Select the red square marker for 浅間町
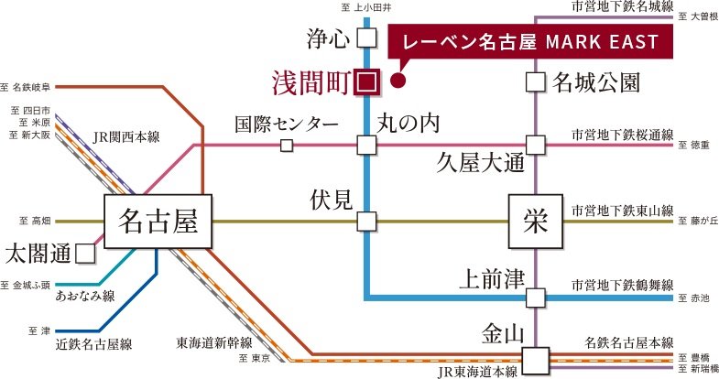(x=366, y=81)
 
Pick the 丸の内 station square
(x=366, y=145)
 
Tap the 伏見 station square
(x=366, y=221)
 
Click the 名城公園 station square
(x=536, y=81)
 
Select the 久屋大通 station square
(x=536, y=145)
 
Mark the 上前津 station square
(x=536, y=296)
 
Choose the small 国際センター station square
(x=287, y=145)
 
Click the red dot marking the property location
(x=398, y=81)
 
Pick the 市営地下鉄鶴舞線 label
(x=622, y=285)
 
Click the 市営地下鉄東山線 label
(x=622, y=210)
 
